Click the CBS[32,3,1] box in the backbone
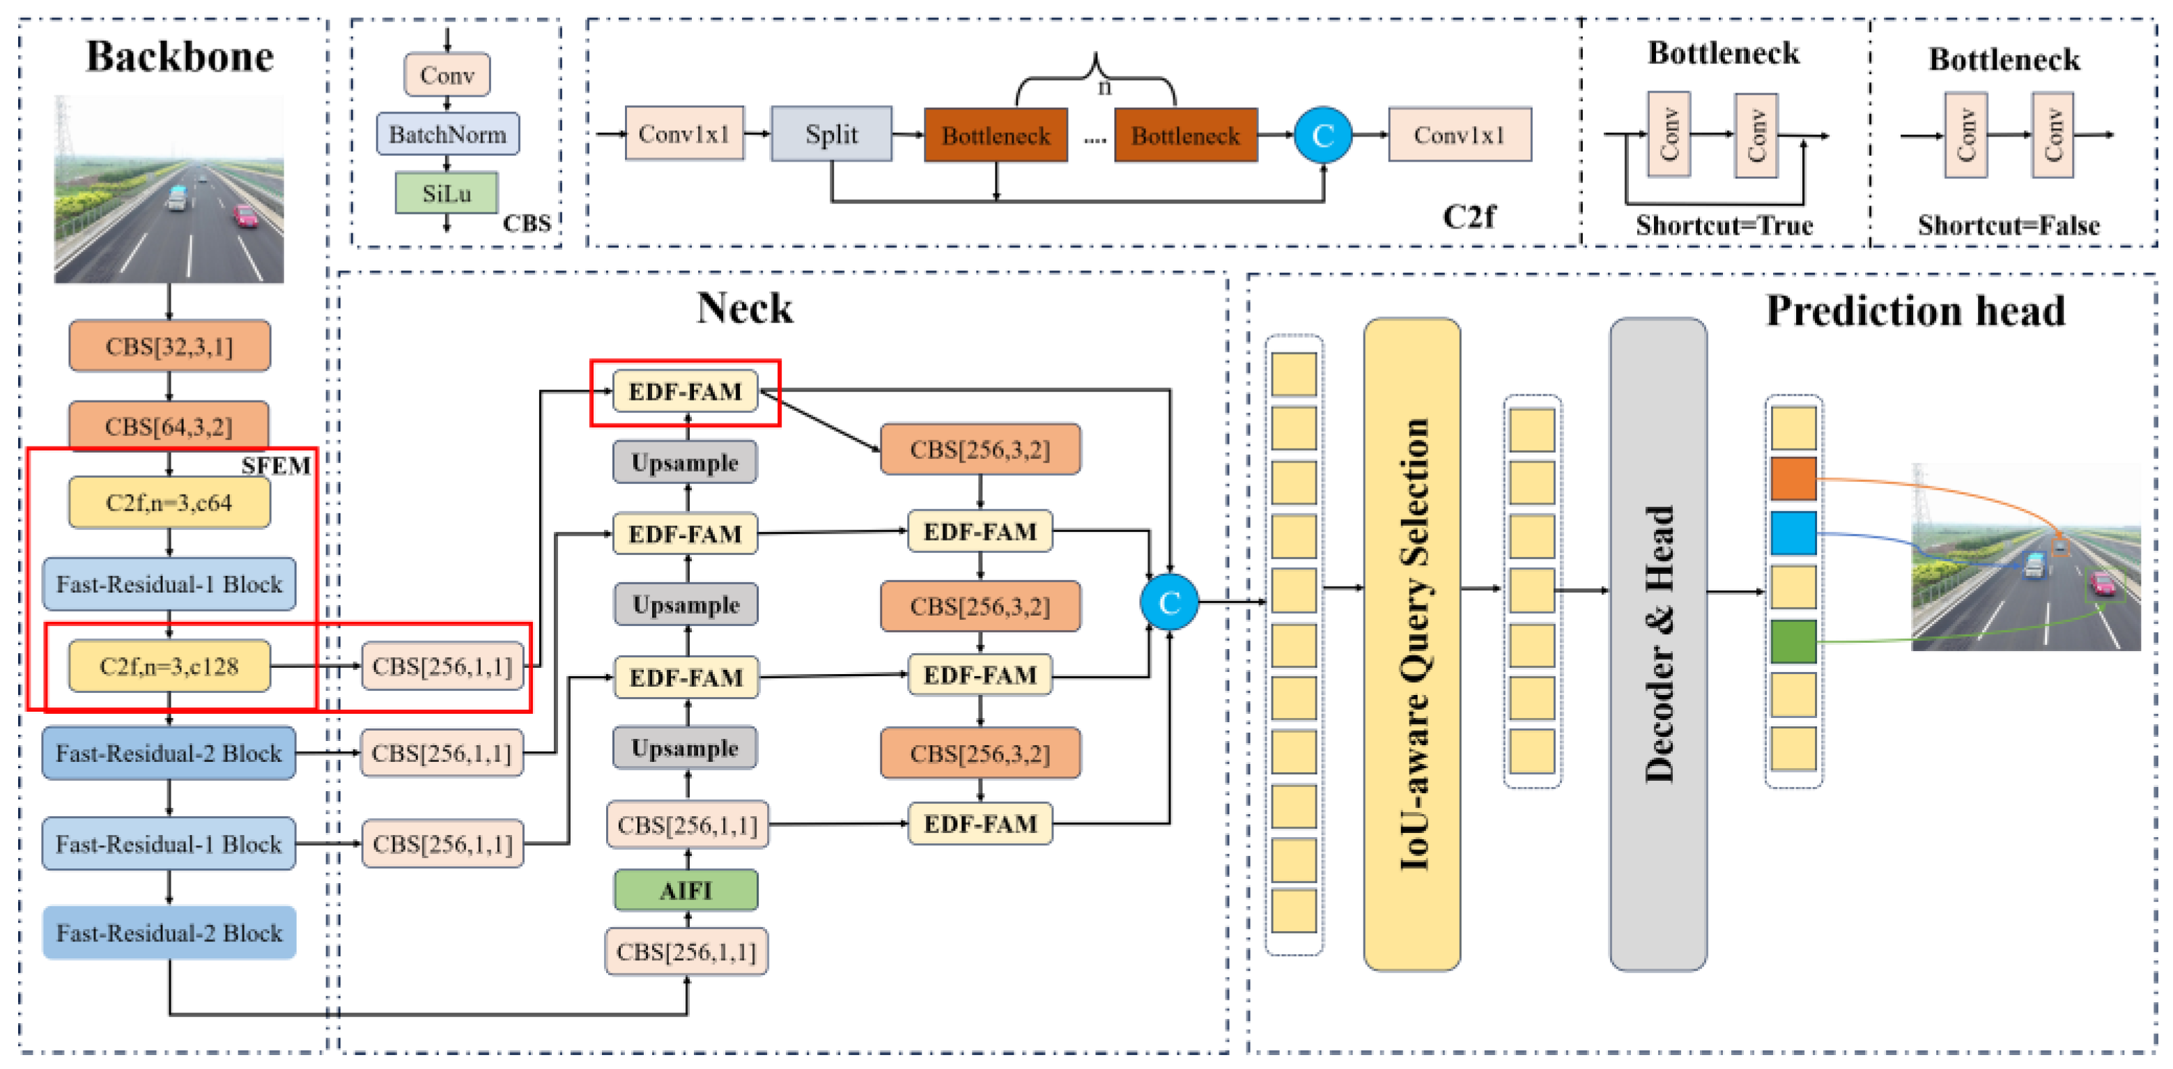pos(169,345)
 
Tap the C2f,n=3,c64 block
pos(169,502)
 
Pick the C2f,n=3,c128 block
pos(169,666)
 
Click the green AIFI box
pos(686,890)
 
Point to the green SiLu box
pos(447,193)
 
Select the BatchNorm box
pos(448,134)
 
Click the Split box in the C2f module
pos(831,134)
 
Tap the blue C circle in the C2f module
pos(1323,135)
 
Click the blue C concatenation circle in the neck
pos(1169,602)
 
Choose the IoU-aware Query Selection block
pos(1412,644)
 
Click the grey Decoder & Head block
pos(1658,644)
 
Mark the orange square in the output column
pos(1793,479)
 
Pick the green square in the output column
pos(1793,641)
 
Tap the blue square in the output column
pos(1793,533)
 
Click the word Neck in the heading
pos(745,308)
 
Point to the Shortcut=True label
pos(1724,225)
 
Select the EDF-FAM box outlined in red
pos(685,391)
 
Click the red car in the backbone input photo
pos(245,216)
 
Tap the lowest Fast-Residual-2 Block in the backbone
pos(169,933)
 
